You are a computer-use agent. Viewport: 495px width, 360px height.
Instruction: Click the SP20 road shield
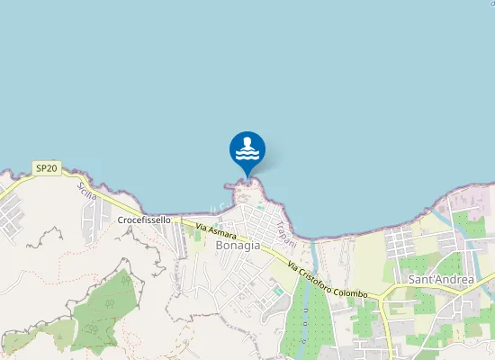coord(47,168)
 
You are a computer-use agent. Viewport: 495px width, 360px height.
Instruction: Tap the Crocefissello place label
coord(144,220)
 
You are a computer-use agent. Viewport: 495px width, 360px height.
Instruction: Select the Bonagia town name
coord(238,244)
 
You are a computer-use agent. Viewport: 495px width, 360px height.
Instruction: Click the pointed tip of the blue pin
coord(247,177)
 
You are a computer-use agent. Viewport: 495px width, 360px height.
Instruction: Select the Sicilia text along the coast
coord(86,191)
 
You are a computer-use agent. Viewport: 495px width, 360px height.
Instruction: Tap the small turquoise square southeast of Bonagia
coord(278,291)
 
